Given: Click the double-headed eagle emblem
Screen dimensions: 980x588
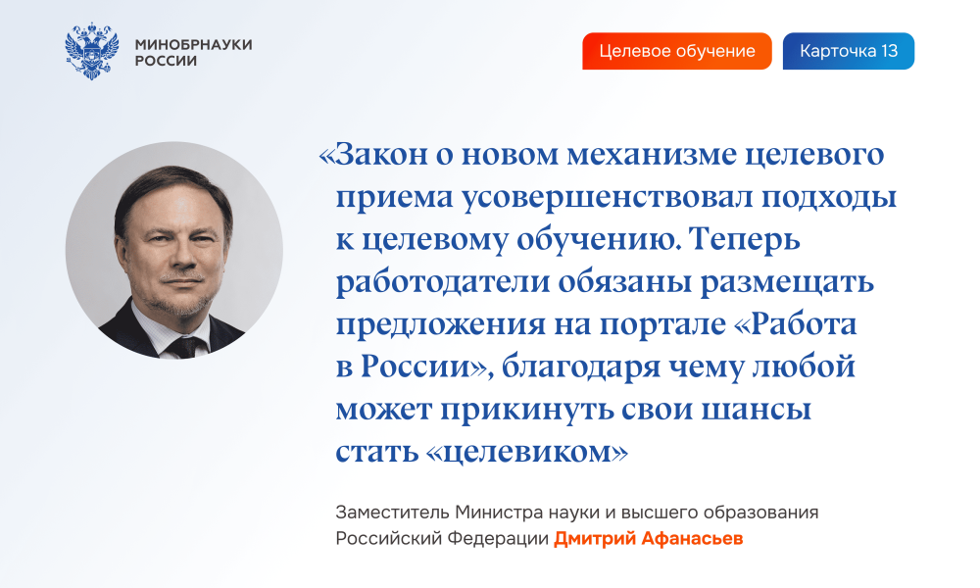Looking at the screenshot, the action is (x=92, y=51).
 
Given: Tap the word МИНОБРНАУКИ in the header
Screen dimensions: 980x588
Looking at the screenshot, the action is (x=194, y=44).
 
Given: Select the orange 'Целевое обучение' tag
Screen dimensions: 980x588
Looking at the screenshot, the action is (x=677, y=51).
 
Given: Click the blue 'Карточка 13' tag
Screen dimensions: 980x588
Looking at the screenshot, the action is (x=848, y=51).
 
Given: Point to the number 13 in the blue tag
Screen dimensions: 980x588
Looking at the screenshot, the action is (x=890, y=51).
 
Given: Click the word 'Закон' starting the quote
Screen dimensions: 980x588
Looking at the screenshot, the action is (x=381, y=154).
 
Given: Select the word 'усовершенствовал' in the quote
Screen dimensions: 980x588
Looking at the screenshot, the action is (x=609, y=197).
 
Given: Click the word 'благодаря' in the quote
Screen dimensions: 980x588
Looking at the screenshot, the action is (x=580, y=367).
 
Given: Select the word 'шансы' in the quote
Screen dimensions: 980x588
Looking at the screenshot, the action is (x=757, y=410).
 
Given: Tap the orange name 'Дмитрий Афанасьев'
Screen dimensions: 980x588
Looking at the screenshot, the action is (x=648, y=539).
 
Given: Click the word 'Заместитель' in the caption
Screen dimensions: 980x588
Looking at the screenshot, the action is (x=393, y=513).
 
